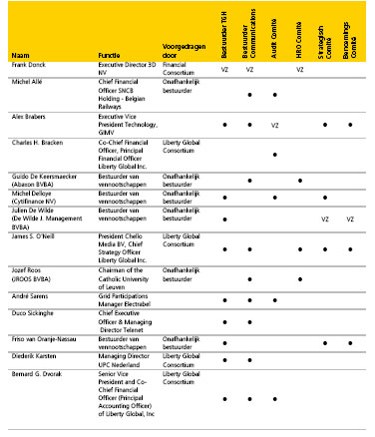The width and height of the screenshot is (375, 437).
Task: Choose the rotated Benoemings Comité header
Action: click(x=346, y=30)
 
